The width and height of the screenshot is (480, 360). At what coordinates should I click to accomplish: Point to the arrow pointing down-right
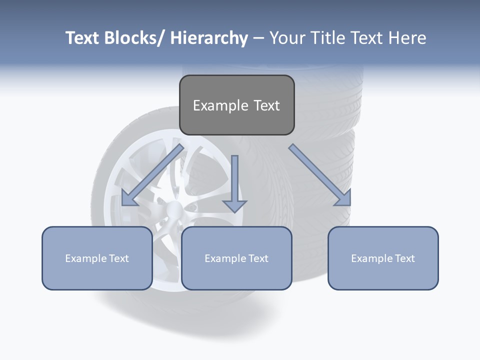[x=320, y=175]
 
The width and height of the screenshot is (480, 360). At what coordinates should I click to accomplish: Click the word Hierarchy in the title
[x=209, y=38]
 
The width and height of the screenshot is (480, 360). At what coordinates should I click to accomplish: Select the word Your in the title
[x=287, y=38]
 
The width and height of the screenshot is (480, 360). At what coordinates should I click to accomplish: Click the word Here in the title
[x=407, y=38]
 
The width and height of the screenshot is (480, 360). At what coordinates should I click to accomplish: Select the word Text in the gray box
[x=266, y=105]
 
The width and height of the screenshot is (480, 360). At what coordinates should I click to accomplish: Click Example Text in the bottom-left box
[x=97, y=258]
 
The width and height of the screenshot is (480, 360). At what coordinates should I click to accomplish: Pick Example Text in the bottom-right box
[x=383, y=258]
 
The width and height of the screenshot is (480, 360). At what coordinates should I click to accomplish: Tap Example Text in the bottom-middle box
[x=236, y=258]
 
